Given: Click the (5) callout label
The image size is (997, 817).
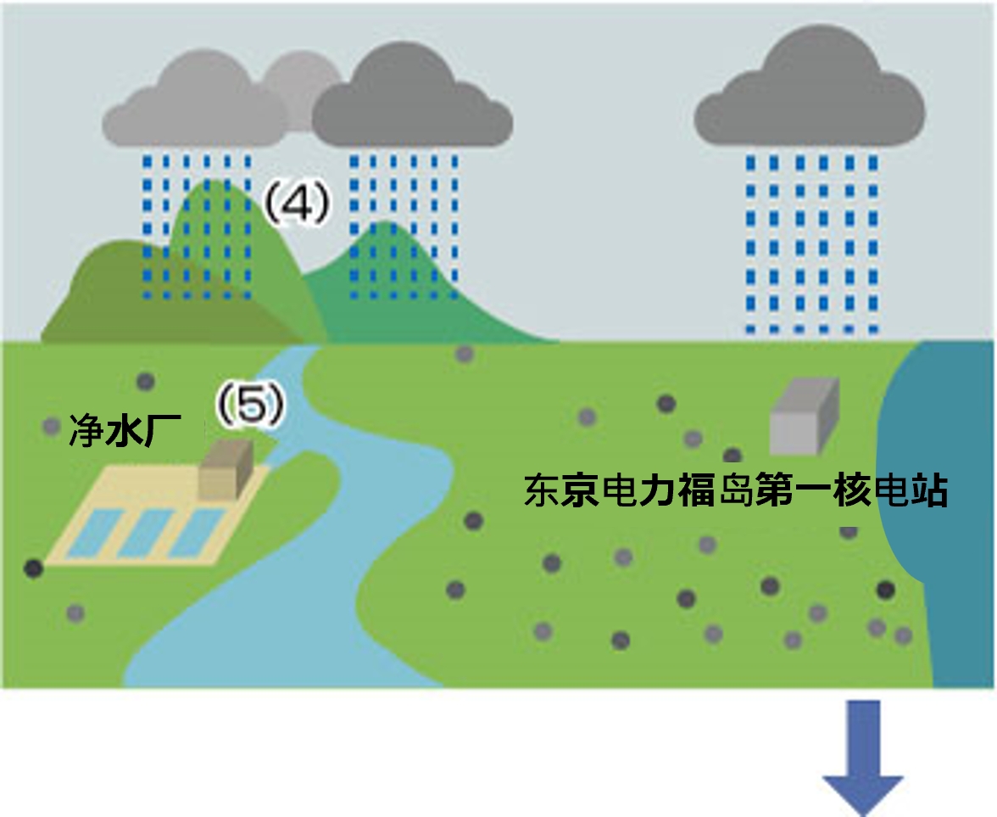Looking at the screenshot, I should pyautogui.click(x=251, y=406).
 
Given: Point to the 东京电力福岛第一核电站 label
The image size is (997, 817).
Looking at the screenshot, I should pyautogui.click(x=735, y=491).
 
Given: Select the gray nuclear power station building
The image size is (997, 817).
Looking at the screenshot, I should pyautogui.click(x=804, y=417).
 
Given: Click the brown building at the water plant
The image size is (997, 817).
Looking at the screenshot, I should pyautogui.click(x=226, y=467).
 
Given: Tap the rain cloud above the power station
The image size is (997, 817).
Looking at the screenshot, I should pyautogui.click(x=810, y=94).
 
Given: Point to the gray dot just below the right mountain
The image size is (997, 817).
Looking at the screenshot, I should pyautogui.click(x=465, y=354).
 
